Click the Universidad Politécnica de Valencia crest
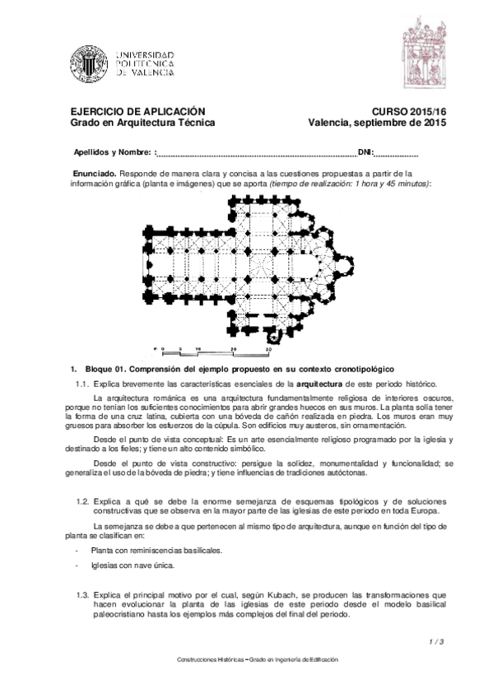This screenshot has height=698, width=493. click(x=88, y=62)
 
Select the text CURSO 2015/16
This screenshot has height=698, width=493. click(x=409, y=111)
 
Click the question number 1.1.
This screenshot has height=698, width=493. click(x=81, y=384)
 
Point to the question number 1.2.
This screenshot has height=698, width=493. click(x=81, y=501)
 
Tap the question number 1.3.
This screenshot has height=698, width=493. click(x=81, y=593)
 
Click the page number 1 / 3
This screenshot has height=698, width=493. click(x=437, y=641)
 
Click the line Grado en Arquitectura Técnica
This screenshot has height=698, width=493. click(x=143, y=123)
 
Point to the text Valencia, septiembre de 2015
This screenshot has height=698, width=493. click(x=377, y=123)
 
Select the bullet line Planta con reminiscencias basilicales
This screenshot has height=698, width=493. click(x=156, y=550)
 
